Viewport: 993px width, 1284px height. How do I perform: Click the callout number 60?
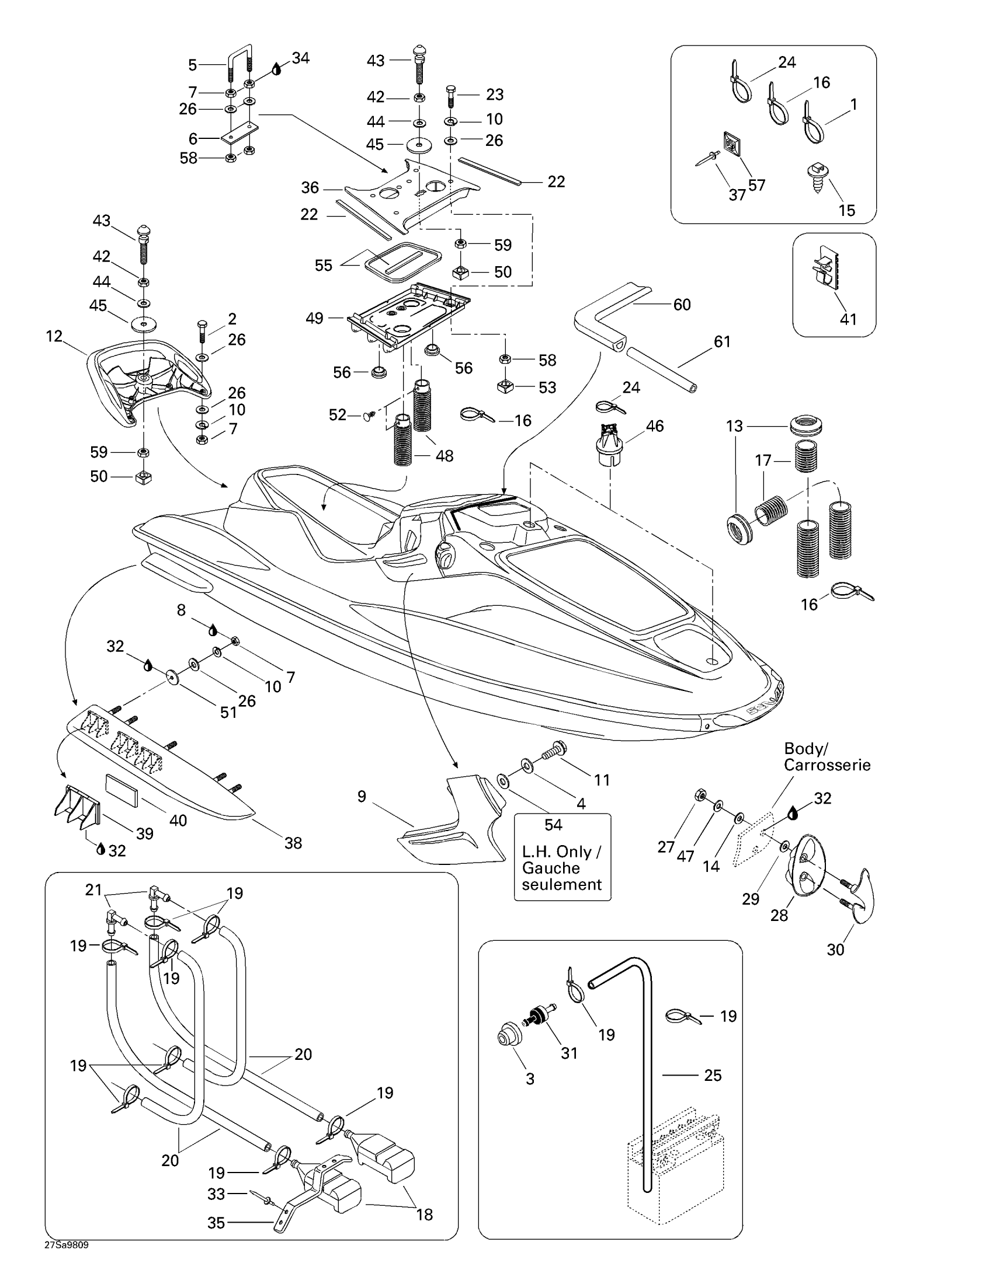tap(682, 305)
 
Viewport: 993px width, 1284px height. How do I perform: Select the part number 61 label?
tap(722, 341)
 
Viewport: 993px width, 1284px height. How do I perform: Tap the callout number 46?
tap(655, 426)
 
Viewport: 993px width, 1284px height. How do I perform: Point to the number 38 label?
tap(293, 843)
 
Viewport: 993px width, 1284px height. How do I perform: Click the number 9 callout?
tap(362, 797)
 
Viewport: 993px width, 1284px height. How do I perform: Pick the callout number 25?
tap(713, 1075)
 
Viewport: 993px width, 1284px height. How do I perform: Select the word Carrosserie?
tap(827, 765)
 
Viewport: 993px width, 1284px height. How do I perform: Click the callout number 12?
tap(54, 336)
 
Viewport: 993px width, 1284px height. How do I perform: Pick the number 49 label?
tap(315, 318)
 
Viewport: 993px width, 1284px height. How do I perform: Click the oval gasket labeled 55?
tap(403, 259)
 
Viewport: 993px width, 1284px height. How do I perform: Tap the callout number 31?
tap(569, 1053)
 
